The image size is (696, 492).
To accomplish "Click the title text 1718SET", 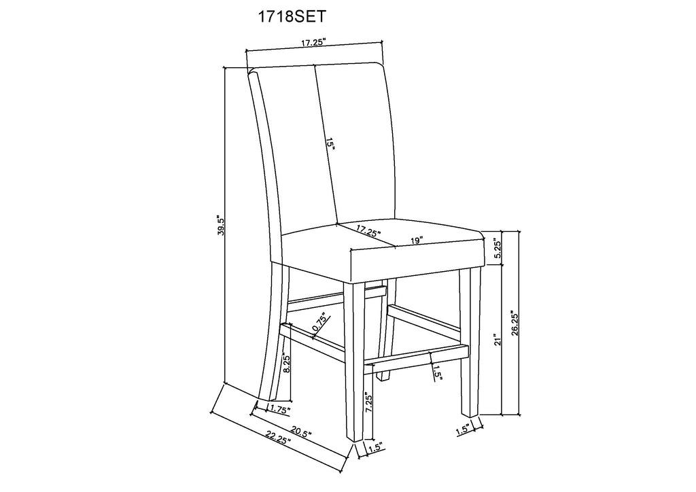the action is coord(292,16).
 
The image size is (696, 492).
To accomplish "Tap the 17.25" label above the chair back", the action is coord(314,43).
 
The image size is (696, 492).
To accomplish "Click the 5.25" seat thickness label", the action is coord(498,250).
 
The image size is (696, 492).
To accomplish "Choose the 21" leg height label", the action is coord(498,339).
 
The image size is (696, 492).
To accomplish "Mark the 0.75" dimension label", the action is coord(321,322).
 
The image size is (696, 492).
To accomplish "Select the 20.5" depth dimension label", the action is coord(301,431).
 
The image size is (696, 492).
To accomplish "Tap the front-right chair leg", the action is coord(469,342).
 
